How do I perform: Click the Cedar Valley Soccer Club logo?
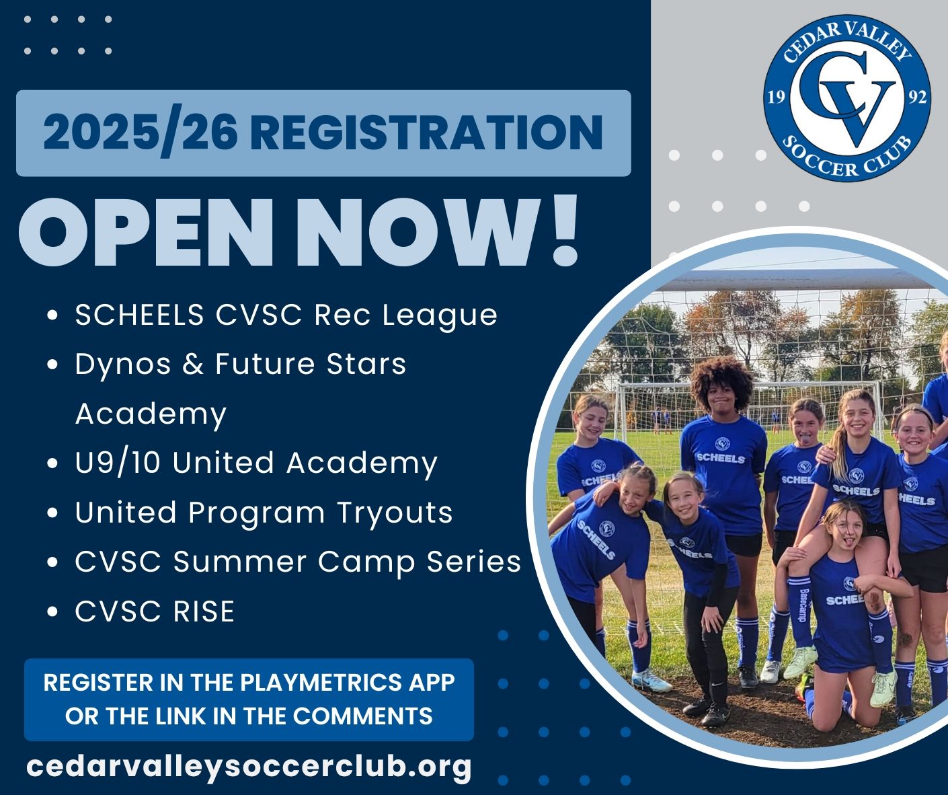(x=847, y=98)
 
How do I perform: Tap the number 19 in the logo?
(x=777, y=98)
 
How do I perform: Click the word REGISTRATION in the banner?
(x=426, y=132)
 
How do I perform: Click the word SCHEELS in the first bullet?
(x=139, y=314)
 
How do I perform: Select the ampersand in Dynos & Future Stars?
(x=192, y=364)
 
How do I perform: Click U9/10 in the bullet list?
(x=118, y=463)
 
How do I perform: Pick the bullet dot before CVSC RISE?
(x=52, y=611)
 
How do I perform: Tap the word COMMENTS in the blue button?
(x=363, y=716)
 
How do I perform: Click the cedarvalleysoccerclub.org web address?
(x=249, y=766)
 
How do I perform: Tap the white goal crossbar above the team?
(x=799, y=279)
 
